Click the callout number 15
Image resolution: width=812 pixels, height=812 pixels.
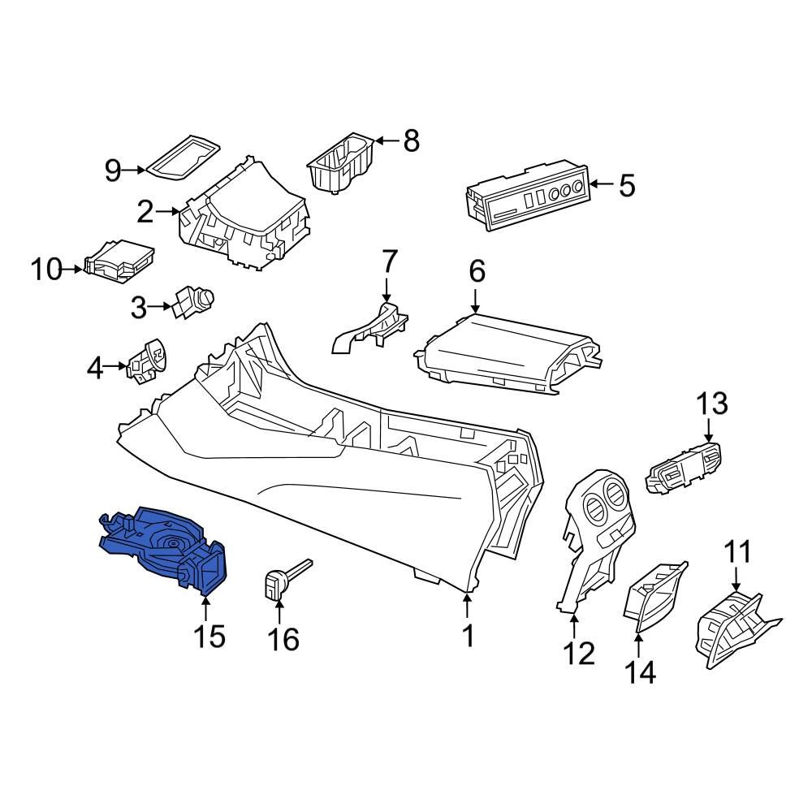click(209, 636)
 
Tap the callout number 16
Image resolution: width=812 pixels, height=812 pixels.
click(283, 639)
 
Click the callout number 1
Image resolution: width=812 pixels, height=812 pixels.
click(468, 636)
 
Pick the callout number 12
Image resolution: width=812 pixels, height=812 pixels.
click(580, 652)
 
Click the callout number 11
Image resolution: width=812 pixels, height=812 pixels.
click(738, 554)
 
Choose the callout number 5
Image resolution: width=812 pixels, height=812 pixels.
click(627, 186)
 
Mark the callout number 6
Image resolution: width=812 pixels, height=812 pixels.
click(476, 271)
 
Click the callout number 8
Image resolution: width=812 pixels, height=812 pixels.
click(412, 141)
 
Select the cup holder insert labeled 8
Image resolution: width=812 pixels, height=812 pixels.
click(339, 165)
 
